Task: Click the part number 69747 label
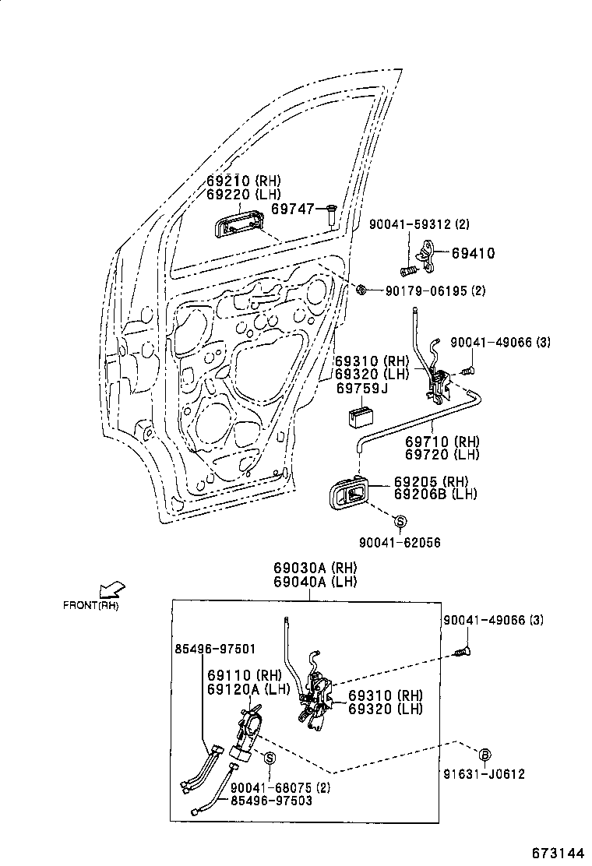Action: (x=292, y=209)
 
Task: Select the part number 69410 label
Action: (x=473, y=253)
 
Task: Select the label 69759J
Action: (x=361, y=388)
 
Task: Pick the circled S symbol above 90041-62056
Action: (x=399, y=521)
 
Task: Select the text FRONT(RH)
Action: (x=91, y=605)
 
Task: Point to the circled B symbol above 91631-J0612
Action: (x=483, y=754)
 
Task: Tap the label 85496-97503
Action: (x=271, y=801)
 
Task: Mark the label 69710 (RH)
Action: (x=442, y=441)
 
